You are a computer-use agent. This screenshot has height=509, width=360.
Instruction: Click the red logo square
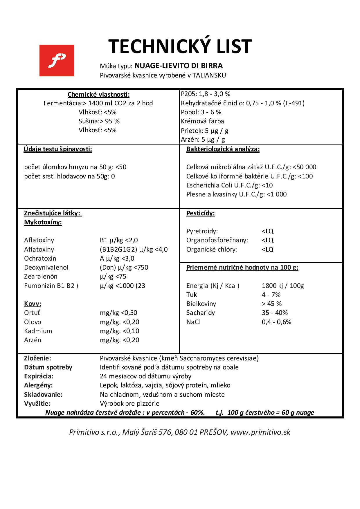tap(57, 60)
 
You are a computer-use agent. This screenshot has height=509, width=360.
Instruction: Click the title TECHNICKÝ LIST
tap(180, 46)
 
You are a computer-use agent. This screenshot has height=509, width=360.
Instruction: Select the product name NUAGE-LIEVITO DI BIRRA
tap(179, 66)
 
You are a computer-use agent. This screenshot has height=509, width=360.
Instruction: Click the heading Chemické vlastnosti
tap(98, 95)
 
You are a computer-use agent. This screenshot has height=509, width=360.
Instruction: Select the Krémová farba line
tap(202, 121)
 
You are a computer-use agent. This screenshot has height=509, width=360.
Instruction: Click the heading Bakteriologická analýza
tap(223, 149)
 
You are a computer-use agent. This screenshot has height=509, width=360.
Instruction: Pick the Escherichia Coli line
tap(229, 185)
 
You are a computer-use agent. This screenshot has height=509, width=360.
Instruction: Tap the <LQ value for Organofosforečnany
tap(267, 240)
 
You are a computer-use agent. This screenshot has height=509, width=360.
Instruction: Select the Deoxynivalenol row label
tap(46, 268)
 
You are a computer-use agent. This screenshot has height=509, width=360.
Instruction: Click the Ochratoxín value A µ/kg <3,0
tap(117, 259)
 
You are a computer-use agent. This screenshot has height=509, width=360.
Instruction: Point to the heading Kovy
tap(33, 304)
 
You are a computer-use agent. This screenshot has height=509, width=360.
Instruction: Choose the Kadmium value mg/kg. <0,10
tap(119, 331)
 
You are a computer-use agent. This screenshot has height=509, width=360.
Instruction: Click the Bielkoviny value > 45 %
tap(271, 304)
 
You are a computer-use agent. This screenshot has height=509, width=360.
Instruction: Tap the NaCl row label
tap(193, 322)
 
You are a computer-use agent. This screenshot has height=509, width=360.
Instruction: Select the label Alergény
tap(38, 385)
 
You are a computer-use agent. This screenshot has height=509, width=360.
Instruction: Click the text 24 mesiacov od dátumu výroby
tap(145, 376)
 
